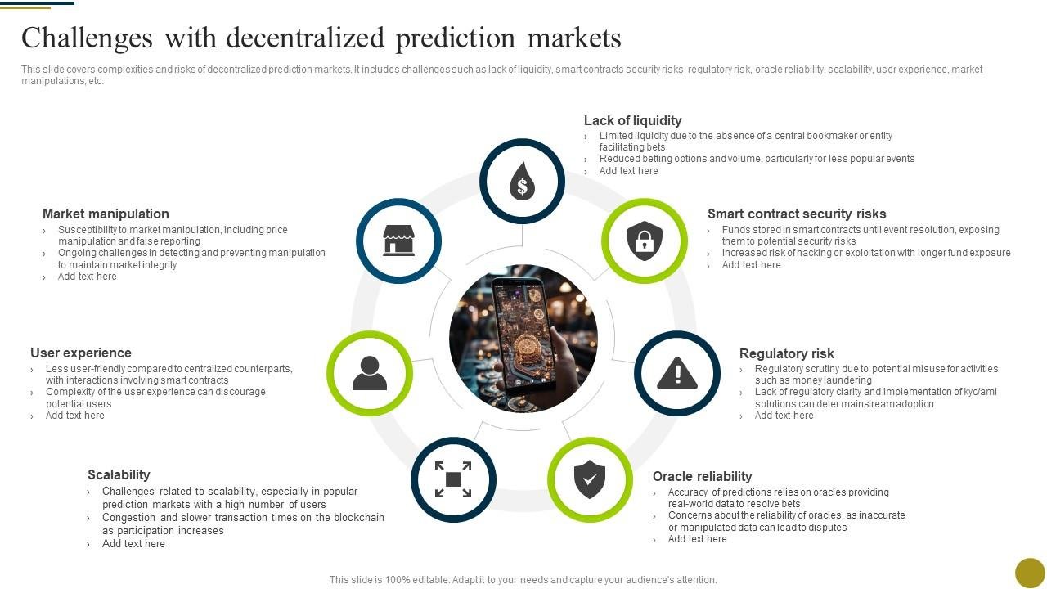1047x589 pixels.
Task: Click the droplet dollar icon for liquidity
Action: (x=522, y=181)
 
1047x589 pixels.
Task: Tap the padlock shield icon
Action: (x=645, y=241)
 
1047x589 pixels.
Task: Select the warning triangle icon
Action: (x=677, y=374)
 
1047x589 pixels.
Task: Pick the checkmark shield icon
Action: (x=590, y=479)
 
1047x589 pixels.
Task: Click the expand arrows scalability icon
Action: (x=453, y=479)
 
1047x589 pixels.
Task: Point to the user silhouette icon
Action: (x=370, y=374)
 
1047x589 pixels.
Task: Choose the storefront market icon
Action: (x=399, y=241)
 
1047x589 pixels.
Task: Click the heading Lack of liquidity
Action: (x=632, y=120)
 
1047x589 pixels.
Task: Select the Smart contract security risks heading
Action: (x=797, y=214)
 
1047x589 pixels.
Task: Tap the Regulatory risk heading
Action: (x=786, y=353)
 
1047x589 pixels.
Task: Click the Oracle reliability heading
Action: (x=702, y=476)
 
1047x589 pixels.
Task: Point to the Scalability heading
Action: (x=119, y=474)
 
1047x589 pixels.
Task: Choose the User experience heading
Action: (x=81, y=353)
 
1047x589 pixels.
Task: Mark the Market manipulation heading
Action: (x=106, y=214)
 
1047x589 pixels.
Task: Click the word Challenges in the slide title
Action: (x=87, y=38)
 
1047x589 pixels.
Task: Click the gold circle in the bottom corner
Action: (x=1030, y=573)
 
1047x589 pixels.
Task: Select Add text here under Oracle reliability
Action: (x=697, y=539)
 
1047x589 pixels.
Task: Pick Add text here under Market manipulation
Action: (x=87, y=277)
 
